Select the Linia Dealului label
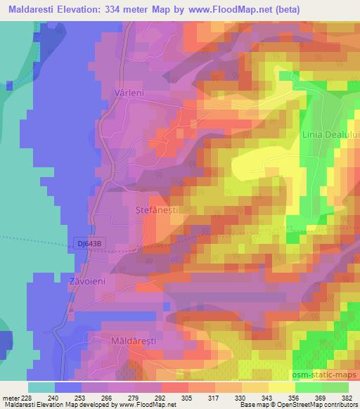pyautogui.click(x=330, y=134)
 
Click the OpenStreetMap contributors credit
pyautogui.click(x=313, y=405)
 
